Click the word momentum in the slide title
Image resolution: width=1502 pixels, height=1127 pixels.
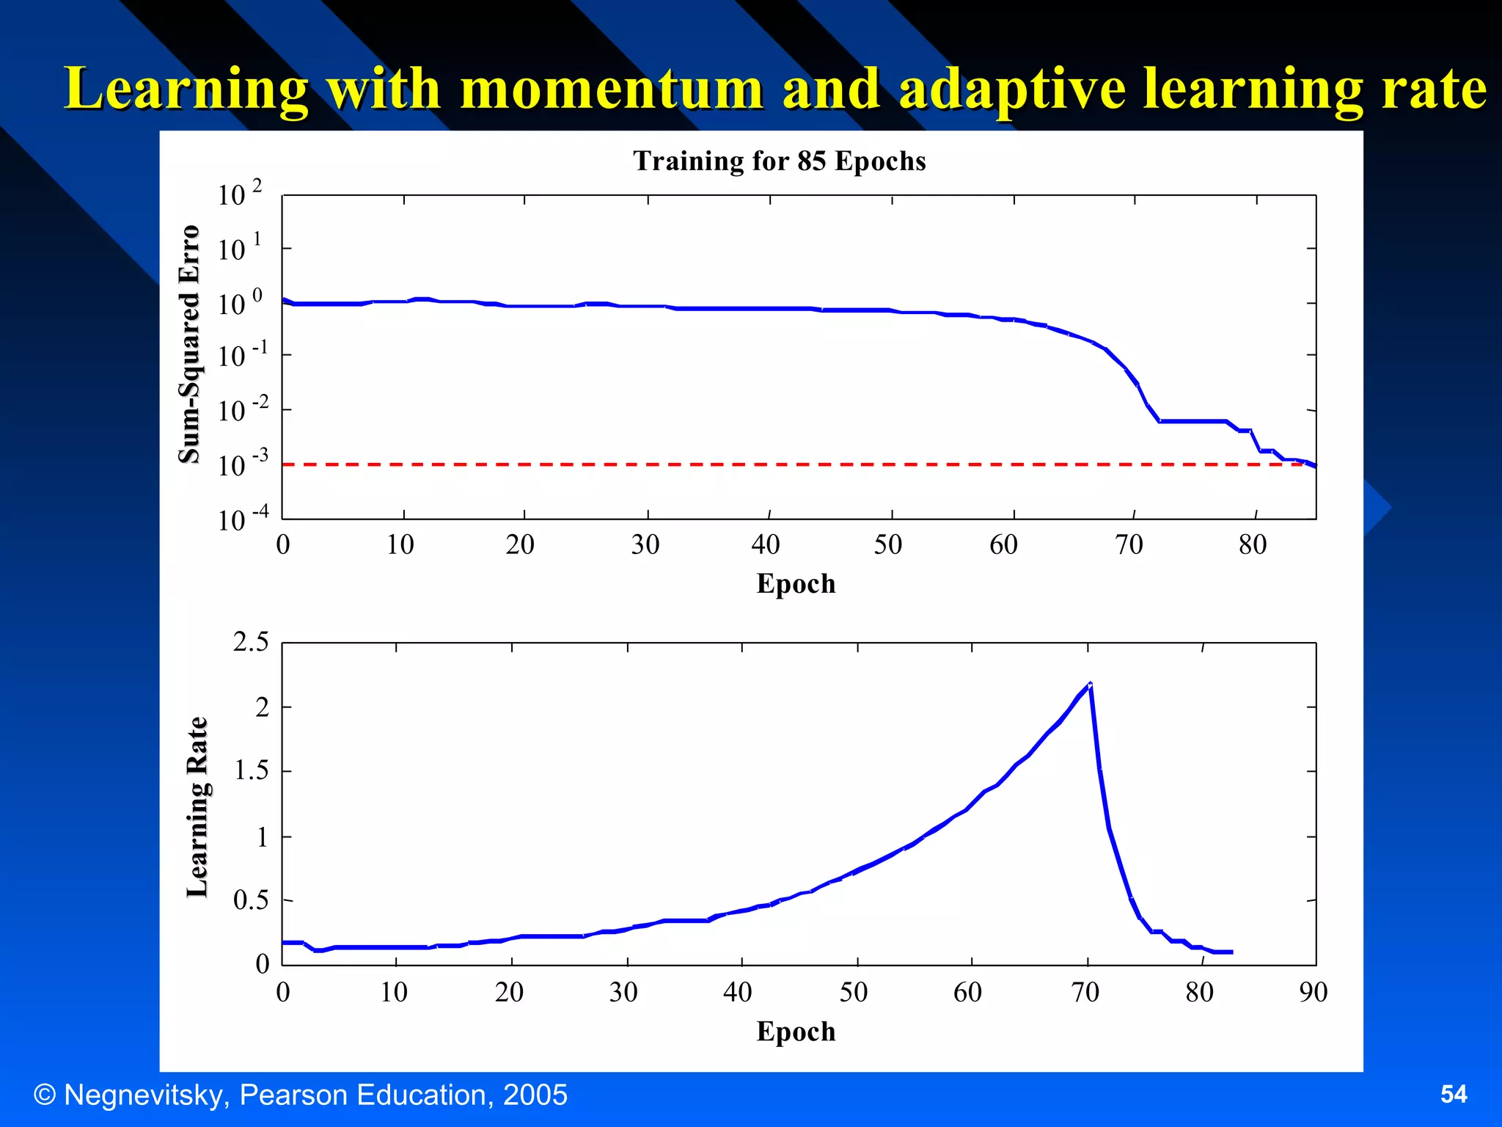tap(612, 90)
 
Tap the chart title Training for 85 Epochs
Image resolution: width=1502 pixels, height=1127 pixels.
tap(779, 161)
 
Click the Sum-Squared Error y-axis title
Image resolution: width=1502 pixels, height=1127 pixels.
tap(189, 345)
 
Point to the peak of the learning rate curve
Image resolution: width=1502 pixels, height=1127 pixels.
tap(1090, 685)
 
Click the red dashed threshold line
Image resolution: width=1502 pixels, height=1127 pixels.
tap(733, 464)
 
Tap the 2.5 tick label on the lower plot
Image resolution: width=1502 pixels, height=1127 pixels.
tap(251, 643)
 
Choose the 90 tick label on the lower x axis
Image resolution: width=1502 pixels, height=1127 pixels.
tap(1313, 993)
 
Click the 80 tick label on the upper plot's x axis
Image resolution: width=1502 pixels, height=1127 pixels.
tap(1253, 545)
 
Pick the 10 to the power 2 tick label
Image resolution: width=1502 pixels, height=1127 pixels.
tap(239, 194)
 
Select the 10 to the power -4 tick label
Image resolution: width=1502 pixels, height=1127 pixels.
tap(243, 519)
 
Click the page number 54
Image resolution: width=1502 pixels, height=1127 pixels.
tap(1453, 1095)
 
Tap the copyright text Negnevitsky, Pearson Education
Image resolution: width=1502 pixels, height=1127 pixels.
tap(301, 1095)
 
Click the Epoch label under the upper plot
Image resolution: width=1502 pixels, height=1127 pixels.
tap(796, 584)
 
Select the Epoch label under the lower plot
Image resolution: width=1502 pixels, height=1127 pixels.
tap(796, 1032)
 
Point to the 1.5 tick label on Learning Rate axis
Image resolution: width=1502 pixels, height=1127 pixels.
tap(251, 771)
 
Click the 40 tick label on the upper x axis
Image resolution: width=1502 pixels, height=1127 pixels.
tap(765, 545)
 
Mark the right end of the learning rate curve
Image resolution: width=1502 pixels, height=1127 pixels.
tap(1232, 952)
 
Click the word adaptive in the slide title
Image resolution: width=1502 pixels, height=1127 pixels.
tap(1012, 90)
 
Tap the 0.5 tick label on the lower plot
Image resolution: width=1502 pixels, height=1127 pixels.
tap(251, 900)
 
